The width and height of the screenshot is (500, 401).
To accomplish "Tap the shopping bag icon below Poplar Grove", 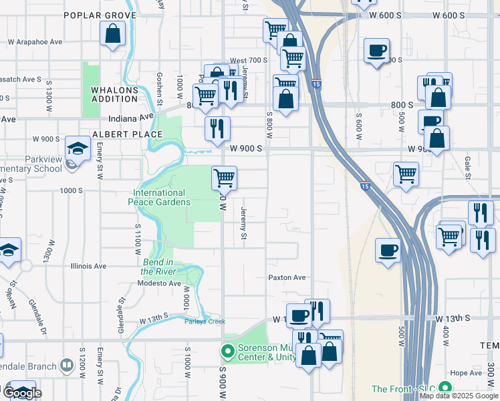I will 112,33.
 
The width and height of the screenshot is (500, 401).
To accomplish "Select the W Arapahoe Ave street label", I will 35,41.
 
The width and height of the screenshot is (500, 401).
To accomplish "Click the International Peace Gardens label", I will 160,197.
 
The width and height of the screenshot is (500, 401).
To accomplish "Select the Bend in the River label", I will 159,267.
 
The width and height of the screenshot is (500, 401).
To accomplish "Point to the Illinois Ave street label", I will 88,266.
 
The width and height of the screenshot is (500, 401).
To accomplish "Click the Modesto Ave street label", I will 159,283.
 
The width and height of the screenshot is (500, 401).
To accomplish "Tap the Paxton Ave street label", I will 287,277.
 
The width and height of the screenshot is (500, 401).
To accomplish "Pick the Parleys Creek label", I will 205,321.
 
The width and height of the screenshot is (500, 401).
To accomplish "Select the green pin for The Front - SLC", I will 445,388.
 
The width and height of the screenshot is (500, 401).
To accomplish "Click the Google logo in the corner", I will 23,393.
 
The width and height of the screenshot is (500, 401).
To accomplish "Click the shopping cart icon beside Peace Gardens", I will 225,178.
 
